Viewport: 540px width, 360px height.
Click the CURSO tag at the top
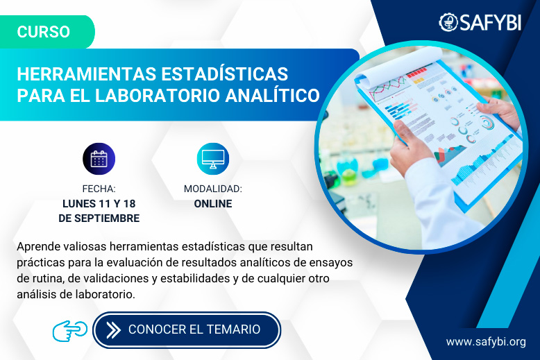[x=43, y=32]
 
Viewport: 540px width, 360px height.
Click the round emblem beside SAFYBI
[x=448, y=22]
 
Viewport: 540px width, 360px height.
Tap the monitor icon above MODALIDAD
[x=212, y=158]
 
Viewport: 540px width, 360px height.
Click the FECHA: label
[x=99, y=189]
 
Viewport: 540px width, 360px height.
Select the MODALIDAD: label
[x=212, y=189]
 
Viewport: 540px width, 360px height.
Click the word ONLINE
[x=212, y=204]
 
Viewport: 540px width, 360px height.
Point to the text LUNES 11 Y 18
[x=99, y=204]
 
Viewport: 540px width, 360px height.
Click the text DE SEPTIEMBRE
[x=99, y=218]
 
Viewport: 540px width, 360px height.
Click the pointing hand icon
[x=70, y=329]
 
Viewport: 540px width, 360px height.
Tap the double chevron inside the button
[x=112, y=329]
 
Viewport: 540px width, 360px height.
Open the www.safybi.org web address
[x=486, y=341]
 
